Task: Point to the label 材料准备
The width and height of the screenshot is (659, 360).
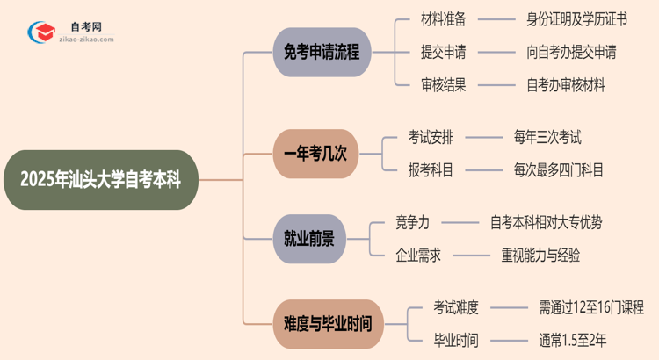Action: pyautogui.click(x=444, y=18)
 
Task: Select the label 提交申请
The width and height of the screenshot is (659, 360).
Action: pyautogui.click(x=444, y=52)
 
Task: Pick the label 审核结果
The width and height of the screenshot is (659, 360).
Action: pyautogui.click(x=444, y=85)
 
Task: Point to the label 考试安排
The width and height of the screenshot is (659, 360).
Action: pyautogui.click(x=431, y=137)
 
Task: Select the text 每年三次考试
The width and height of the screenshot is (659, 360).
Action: pyautogui.click(x=547, y=137)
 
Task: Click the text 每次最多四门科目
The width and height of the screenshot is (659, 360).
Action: pyautogui.click(x=559, y=170)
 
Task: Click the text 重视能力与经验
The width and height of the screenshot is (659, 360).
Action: pyautogui.click(x=540, y=256)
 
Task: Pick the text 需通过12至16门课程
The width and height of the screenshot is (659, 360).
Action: pyautogui.click(x=591, y=307)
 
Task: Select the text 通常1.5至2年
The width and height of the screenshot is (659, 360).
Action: pyautogui.click(x=573, y=341)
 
